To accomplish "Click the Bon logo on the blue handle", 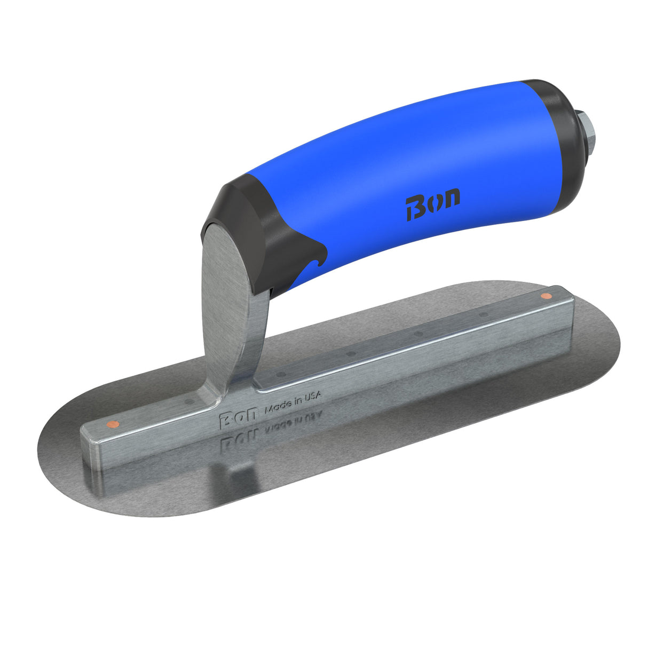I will [432, 203].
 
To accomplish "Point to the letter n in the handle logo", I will [451, 199].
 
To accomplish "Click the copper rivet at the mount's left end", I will [112, 424].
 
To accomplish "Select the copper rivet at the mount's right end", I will [545, 296].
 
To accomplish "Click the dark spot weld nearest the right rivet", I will [484, 314].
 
